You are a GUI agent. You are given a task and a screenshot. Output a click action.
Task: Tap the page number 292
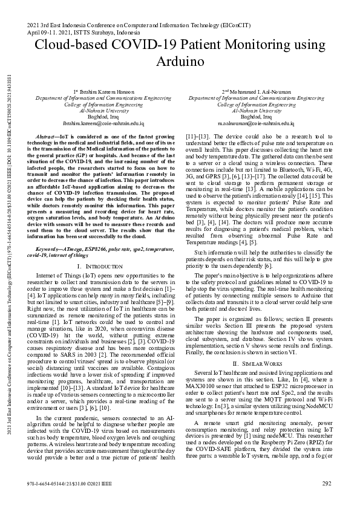point(327,483)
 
